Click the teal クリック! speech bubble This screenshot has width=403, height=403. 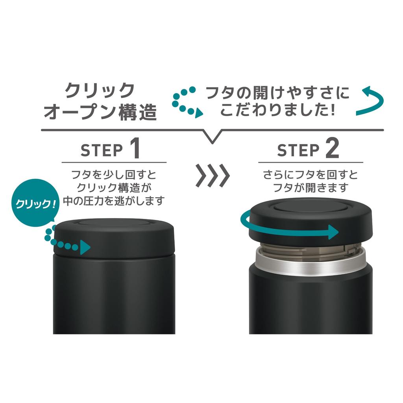coord(33,203)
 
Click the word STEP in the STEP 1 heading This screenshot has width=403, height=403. coord(102,150)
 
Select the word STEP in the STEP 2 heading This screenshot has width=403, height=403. coord(298,150)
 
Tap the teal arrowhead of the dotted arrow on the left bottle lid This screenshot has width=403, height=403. coord(85,248)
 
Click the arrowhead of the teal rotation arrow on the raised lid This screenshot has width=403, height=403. coord(333,232)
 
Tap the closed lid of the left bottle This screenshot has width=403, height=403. coord(114,236)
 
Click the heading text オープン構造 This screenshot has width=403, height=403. coord(100,112)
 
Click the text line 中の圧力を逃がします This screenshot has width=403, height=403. coord(114,201)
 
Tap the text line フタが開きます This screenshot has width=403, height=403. coord(311,188)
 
